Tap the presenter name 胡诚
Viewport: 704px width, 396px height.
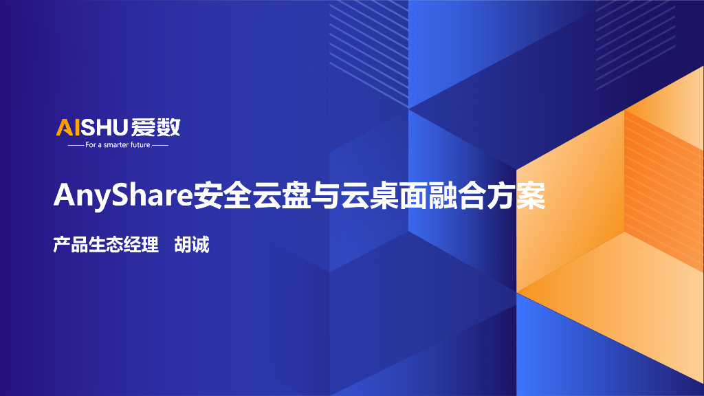click(x=192, y=244)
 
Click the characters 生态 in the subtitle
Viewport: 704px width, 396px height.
click(x=105, y=244)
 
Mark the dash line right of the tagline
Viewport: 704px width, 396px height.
click(x=160, y=146)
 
